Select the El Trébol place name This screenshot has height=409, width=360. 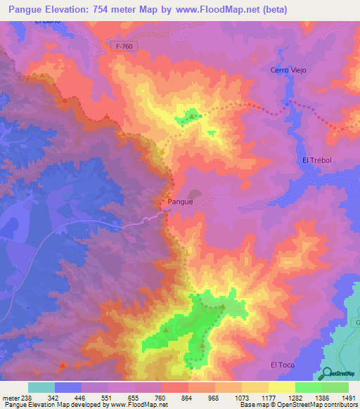(316, 160)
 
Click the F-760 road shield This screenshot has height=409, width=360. (125, 46)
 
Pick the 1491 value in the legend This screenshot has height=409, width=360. (347, 398)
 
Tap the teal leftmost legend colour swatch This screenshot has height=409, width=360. (41, 387)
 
